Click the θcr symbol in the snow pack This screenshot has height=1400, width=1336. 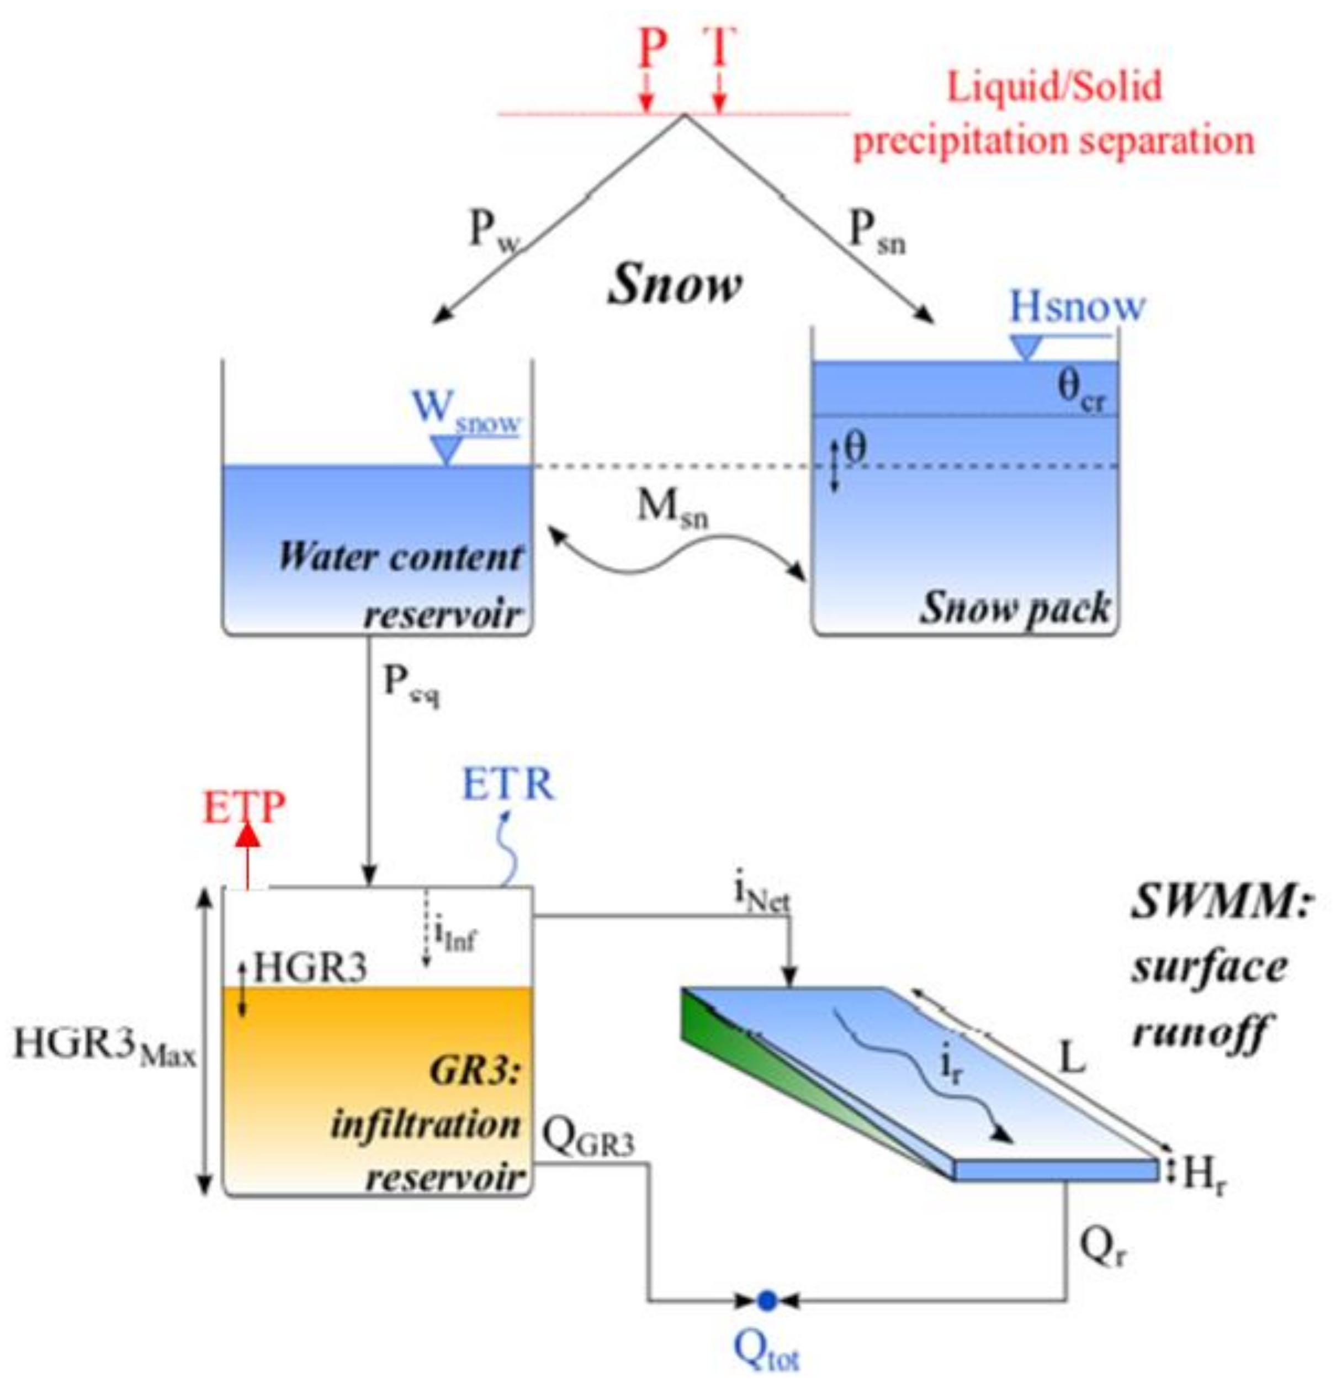pos(1081,391)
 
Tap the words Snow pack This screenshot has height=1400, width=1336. pos(1015,608)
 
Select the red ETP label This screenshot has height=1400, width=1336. pos(244,808)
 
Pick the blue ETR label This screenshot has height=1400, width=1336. pos(508,785)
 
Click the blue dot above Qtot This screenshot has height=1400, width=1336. pos(767,1300)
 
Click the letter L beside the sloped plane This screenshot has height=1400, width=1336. pos(1073,1059)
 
